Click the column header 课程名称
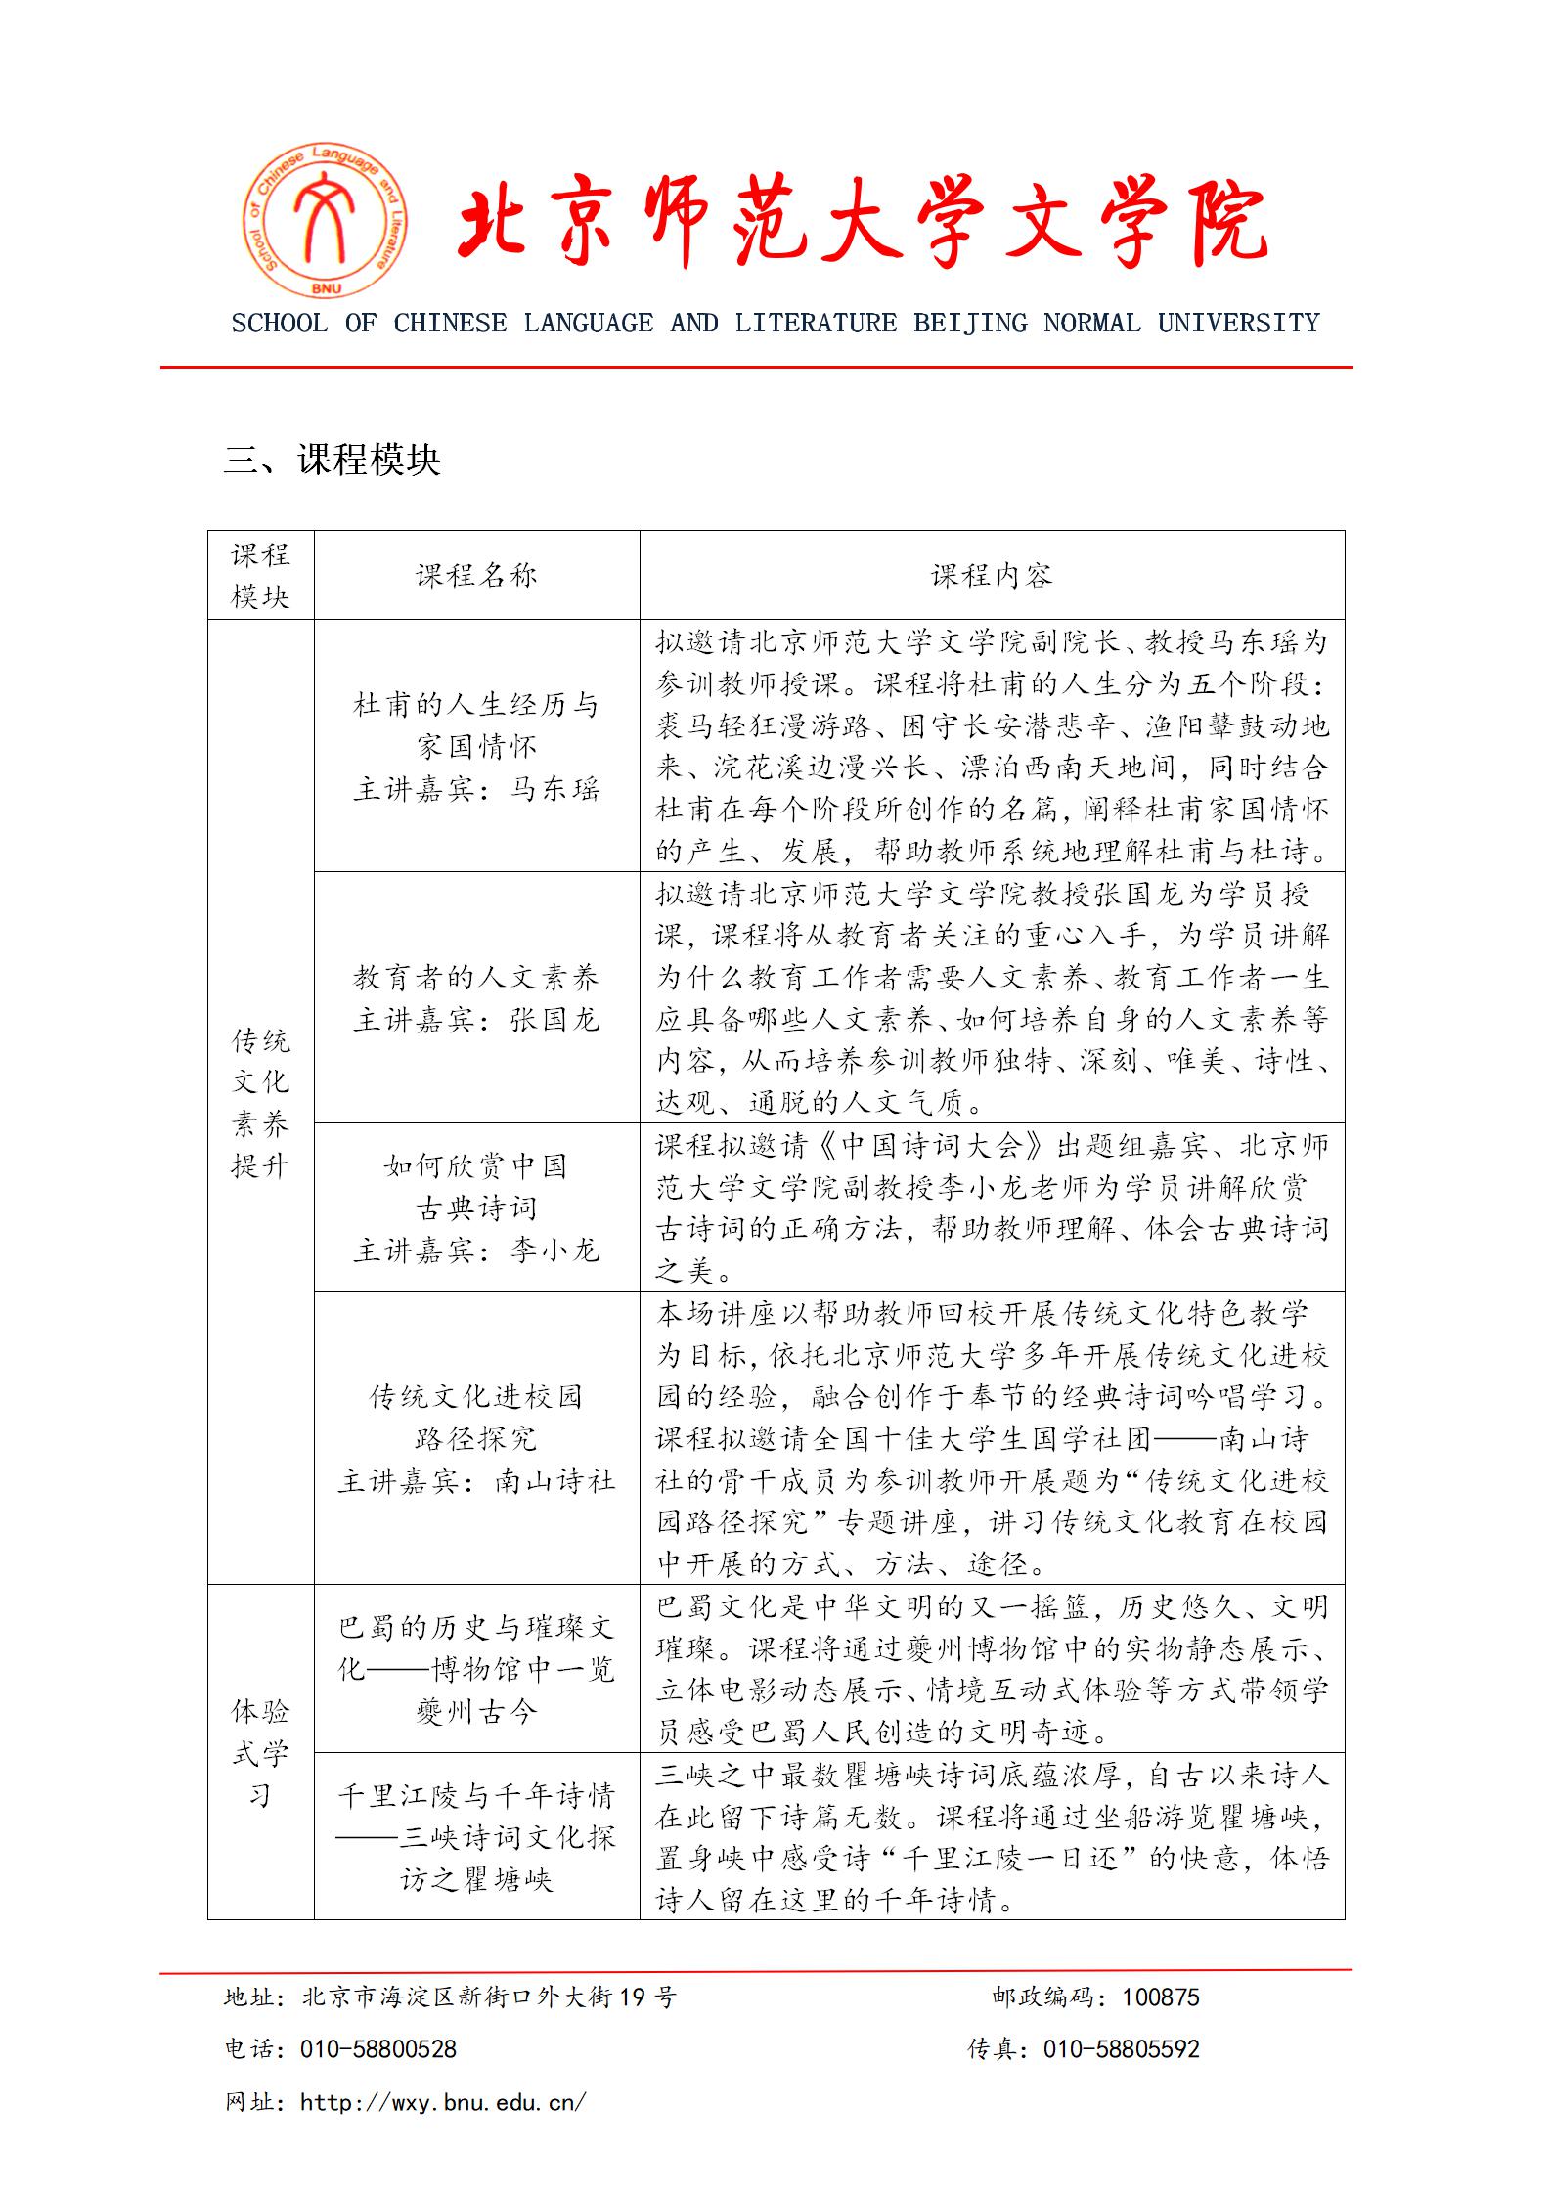click(476, 576)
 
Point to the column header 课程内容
click(992, 576)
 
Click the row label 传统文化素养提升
click(260, 1102)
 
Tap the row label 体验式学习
click(260, 1753)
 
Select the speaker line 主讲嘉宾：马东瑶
click(476, 789)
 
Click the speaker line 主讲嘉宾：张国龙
click(476, 1020)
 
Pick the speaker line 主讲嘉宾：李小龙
click(476, 1251)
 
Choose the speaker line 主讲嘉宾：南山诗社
click(476, 1481)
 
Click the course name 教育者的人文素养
click(476, 977)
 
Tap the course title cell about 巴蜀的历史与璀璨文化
click(476, 1669)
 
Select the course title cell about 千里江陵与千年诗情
click(476, 1837)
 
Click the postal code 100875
click(1160, 1997)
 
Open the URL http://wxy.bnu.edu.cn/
click(443, 2101)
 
